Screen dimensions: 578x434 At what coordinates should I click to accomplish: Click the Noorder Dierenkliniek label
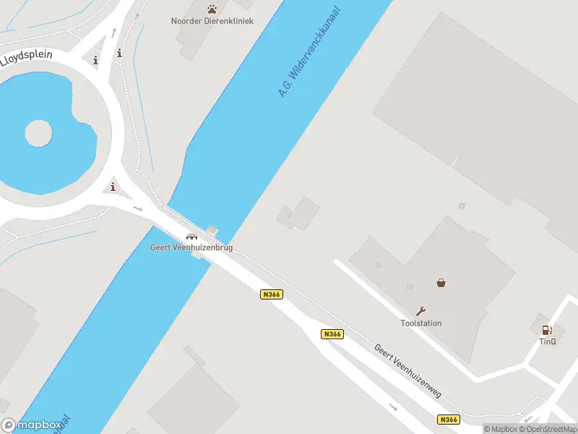click(x=212, y=20)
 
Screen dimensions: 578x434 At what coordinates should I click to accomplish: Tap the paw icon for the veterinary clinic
click(x=212, y=9)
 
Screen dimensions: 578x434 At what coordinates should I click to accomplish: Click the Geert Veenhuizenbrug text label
click(x=191, y=247)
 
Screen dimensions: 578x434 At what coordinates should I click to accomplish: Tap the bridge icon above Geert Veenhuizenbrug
click(x=191, y=237)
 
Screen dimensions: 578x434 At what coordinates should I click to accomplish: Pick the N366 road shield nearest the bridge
click(x=271, y=294)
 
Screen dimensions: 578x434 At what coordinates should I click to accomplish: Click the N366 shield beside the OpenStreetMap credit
click(x=448, y=420)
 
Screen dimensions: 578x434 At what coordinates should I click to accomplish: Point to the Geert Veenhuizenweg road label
click(x=407, y=370)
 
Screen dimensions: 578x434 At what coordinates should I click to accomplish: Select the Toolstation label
click(x=421, y=323)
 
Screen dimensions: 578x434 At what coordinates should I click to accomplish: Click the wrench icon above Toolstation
click(x=422, y=312)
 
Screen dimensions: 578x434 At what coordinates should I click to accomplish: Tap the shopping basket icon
click(x=441, y=283)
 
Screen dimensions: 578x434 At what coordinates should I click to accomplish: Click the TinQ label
click(x=547, y=341)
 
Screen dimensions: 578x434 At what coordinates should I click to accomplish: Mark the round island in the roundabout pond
click(x=38, y=133)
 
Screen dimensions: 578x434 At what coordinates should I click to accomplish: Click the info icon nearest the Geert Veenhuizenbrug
click(x=113, y=187)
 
